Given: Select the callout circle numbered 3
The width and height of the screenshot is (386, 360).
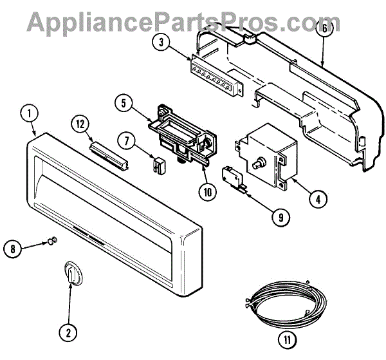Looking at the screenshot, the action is click(161, 43).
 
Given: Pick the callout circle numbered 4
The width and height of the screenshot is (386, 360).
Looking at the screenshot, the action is click(315, 199).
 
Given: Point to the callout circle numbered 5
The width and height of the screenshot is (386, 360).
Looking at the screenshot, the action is click(124, 102).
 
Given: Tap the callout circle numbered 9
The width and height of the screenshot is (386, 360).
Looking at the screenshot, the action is click(280, 218).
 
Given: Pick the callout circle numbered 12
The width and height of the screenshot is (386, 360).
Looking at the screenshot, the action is click(78, 123).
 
